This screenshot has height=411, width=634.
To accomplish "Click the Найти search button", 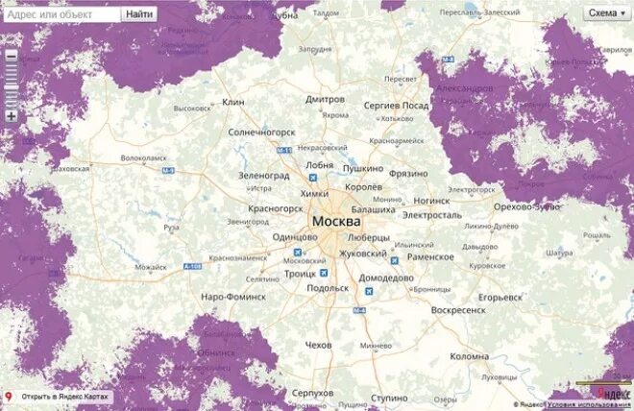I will tap(138, 13).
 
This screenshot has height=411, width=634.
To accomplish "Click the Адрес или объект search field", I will tap(63, 13).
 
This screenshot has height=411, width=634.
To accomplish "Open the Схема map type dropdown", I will tap(606, 12).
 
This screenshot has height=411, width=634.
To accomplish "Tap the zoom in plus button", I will tap(12, 116).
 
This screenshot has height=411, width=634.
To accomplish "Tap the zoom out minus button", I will tap(12, 56).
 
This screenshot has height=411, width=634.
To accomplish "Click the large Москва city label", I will tap(343, 222).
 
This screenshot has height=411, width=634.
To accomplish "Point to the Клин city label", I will tap(233, 102).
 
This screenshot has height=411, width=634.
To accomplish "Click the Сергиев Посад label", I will tap(396, 105).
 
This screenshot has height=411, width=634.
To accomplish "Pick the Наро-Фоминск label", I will tap(233, 297).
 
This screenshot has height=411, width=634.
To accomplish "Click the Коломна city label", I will tap(470, 356).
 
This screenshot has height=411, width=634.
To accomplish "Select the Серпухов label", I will tap(312, 394).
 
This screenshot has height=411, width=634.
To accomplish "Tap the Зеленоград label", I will tap(263, 176).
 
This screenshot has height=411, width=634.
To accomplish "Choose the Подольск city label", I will tap(328, 288).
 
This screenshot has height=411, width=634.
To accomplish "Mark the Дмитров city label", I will tap(325, 99).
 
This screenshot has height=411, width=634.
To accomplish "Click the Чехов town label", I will tap(317, 345).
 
